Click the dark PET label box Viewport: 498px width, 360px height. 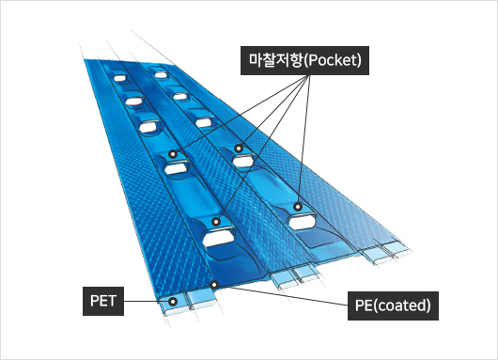click(103, 301)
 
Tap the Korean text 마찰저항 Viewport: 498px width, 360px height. click(275, 60)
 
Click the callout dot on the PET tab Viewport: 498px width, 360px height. click(173, 302)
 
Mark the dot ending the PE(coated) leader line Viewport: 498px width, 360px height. click(214, 285)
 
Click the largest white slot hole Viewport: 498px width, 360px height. click(219, 239)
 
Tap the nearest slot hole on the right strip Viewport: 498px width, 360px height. click(303, 222)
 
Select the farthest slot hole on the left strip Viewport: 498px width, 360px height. click(119, 78)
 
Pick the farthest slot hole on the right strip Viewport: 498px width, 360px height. click(161, 75)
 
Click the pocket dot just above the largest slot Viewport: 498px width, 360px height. click(216, 222)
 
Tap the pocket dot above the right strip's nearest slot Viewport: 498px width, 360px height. click(297, 207)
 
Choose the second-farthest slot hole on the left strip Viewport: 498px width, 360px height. click(134, 102)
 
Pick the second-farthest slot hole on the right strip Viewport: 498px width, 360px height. click(180, 96)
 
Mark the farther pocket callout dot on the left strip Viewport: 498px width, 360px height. click(173, 154)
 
